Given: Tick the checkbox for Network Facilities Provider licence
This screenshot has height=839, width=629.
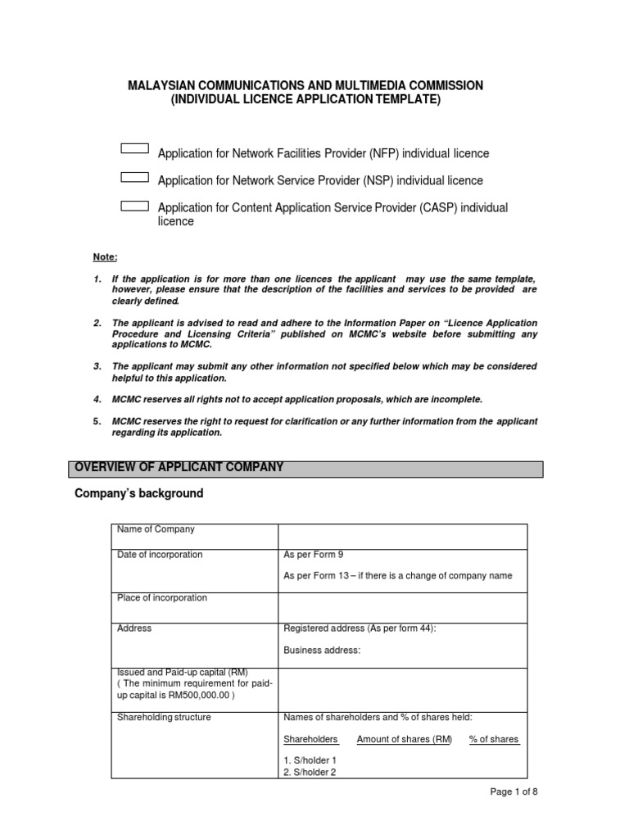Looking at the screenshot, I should pos(134,149).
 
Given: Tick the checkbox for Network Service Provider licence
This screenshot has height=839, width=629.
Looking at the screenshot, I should pos(134,177).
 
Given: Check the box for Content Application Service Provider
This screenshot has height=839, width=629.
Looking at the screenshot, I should pos(134,206).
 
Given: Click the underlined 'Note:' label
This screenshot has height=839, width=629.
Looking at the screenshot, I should pos(106,257).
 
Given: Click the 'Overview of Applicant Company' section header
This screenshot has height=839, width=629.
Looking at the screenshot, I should pos(179,468).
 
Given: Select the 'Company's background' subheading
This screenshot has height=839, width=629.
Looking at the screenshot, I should pos(138,494).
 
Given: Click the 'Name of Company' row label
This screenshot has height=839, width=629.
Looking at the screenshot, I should pos(156,530).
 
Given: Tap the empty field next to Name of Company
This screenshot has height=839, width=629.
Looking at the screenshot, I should pos(403,536).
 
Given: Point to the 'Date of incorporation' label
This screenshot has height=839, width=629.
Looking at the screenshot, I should pos(160,555).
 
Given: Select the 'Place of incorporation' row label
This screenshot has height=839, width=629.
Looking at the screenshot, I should pos(162,598).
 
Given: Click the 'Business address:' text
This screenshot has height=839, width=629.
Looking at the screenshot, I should pos(321,651).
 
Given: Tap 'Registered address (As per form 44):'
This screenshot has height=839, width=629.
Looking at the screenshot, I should pos(360,629).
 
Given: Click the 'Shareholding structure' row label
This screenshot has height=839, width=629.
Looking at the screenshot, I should pos(164,718).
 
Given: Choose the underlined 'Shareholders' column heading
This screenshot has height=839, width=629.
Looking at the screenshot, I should pos(310,739).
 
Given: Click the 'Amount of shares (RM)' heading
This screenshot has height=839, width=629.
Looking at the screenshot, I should pos(404,739).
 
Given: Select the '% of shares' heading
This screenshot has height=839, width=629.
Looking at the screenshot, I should pos(493,739).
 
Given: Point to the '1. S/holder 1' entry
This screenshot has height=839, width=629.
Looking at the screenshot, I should pos(310,760).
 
